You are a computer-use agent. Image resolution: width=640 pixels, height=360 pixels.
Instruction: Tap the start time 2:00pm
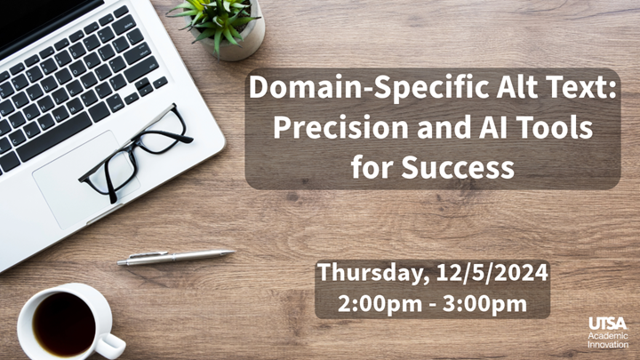374,303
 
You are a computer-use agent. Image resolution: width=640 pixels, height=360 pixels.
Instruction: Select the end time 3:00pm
487,303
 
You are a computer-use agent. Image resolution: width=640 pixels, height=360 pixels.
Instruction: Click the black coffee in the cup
63,323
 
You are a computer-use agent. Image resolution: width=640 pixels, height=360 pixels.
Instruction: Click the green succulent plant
217,16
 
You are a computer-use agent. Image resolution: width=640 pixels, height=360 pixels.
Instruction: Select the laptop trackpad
84,178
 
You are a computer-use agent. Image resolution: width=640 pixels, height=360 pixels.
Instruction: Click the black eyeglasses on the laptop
138,152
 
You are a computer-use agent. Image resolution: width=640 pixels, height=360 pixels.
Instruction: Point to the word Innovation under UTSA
607,343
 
